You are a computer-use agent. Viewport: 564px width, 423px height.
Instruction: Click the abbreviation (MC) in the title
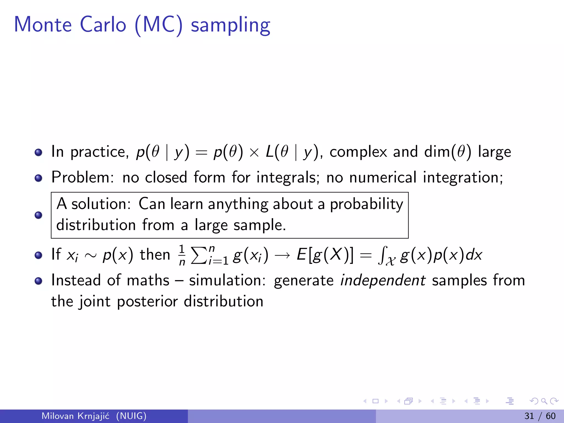(x=159, y=25)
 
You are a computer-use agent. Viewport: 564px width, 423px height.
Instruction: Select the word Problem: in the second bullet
(x=82, y=177)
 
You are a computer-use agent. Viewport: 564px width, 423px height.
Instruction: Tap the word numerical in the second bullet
(x=383, y=177)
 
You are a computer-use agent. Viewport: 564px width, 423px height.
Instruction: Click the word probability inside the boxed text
(x=366, y=205)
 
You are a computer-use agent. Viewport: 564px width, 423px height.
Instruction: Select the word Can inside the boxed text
(x=151, y=204)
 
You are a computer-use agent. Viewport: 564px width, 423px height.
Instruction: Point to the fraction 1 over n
(x=182, y=255)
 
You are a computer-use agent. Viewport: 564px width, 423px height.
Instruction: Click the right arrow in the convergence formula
(x=282, y=256)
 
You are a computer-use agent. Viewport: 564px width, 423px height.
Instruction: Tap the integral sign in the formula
(x=382, y=255)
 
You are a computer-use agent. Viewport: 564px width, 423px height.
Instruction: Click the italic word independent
(x=383, y=281)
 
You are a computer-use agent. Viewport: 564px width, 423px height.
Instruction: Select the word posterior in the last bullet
(x=147, y=302)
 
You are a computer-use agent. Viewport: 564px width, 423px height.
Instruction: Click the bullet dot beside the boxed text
(x=39, y=215)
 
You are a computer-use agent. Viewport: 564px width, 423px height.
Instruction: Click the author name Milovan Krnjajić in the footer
(x=75, y=416)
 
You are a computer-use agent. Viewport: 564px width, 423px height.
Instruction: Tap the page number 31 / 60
(x=540, y=416)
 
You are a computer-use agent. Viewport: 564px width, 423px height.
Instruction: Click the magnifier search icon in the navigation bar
(x=544, y=401)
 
